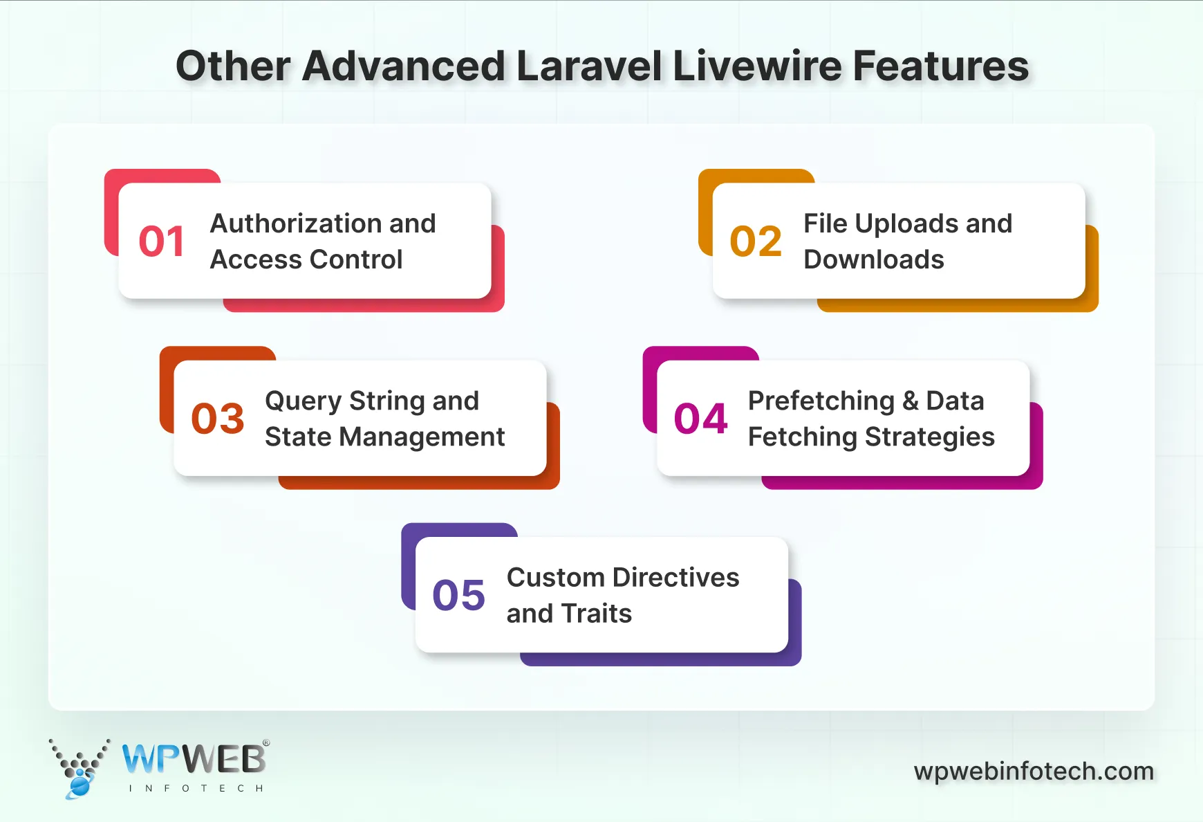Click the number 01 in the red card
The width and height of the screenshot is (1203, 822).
click(x=162, y=241)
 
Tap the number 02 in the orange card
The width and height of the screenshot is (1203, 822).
click(x=756, y=241)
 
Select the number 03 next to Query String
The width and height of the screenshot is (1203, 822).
click(x=218, y=419)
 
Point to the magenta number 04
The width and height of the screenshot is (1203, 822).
click(x=701, y=419)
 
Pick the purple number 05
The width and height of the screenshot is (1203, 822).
click(x=459, y=596)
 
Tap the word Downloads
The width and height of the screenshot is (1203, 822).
click(x=874, y=259)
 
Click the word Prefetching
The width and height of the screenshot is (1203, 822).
click(x=821, y=401)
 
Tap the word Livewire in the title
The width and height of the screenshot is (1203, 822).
click(x=756, y=66)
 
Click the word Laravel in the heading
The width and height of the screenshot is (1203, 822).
click(x=589, y=66)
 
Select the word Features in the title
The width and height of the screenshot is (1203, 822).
click(x=941, y=66)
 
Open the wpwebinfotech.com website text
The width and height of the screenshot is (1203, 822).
click(x=1034, y=771)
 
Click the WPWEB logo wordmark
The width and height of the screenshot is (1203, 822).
click(x=194, y=760)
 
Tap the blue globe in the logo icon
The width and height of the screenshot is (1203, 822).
click(x=80, y=786)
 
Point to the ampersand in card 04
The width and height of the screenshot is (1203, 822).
click(x=911, y=401)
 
